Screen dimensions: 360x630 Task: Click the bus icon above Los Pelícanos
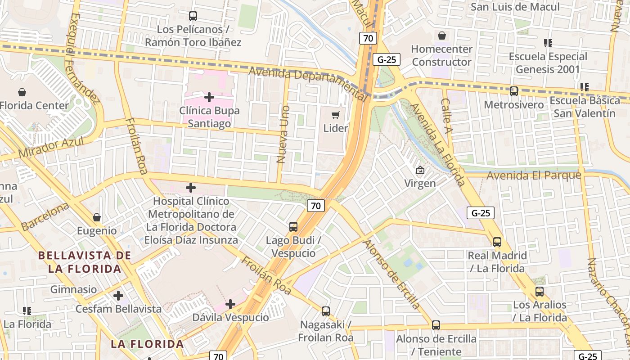[x=193, y=16]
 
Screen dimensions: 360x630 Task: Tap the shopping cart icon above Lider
[x=336, y=115]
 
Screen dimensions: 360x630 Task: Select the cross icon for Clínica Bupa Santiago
[x=209, y=97]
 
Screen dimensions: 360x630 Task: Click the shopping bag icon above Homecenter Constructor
[x=442, y=36]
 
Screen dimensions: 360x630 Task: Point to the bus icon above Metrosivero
[x=513, y=91]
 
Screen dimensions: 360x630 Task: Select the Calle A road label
[x=446, y=116]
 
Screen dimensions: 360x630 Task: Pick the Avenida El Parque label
[x=534, y=175]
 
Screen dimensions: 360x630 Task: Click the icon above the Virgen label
[x=420, y=170]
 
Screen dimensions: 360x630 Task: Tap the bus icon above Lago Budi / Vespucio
[x=293, y=227]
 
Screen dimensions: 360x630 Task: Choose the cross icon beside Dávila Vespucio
[x=230, y=304]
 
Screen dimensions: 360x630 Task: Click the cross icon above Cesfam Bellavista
[x=118, y=296]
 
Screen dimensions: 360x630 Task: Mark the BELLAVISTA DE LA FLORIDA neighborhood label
[x=85, y=262]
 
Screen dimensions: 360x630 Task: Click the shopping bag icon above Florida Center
[x=22, y=92]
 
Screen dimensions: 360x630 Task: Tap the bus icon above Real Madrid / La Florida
[x=497, y=242]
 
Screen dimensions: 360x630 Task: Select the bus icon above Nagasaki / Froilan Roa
[x=326, y=311]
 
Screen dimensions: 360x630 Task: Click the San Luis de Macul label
[x=515, y=7]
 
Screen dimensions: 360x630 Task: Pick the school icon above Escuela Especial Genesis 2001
[x=548, y=43]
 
